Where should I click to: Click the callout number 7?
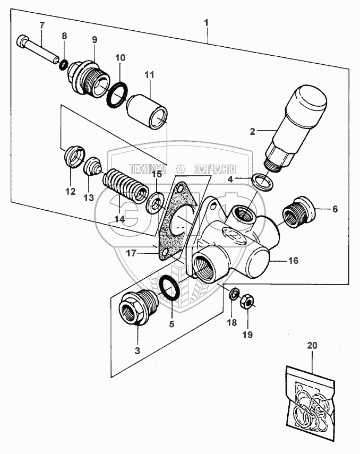click(x=42, y=25)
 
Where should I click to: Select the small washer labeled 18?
click(x=234, y=295)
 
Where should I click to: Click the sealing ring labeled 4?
click(x=262, y=183)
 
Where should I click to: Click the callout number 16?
click(x=294, y=260)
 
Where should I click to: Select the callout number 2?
click(x=253, y=132)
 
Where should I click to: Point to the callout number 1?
click(x=206, y=23)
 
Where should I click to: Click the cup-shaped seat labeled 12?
click(x=74, y=156)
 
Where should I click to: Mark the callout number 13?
click(x=89, y=198)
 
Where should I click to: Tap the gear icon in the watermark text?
click(x=180, y=169)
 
